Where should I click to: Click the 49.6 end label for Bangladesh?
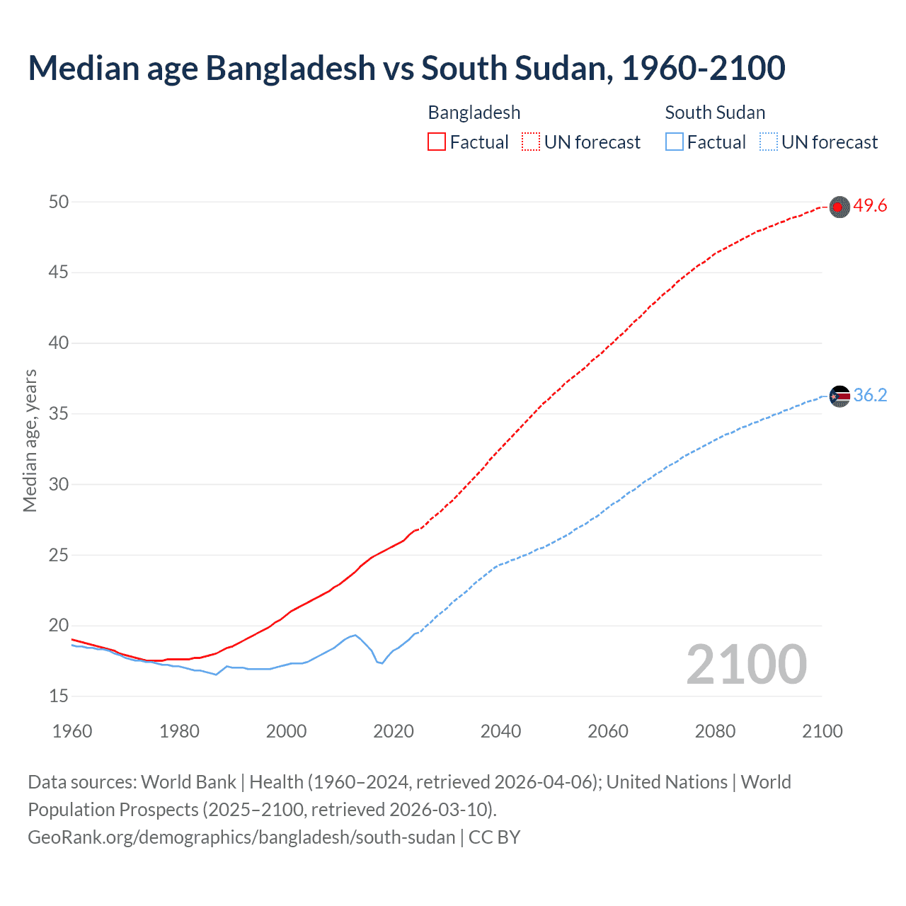[870, 206]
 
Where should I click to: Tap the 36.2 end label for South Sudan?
[870, 396]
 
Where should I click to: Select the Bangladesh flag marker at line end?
[839, 207]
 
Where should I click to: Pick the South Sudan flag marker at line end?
[839, 396]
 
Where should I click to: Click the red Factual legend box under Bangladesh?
[437, 142]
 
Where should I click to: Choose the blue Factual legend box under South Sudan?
[675, 142]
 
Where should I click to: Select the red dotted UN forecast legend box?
[531, 142]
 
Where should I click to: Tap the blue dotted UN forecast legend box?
[769, 142]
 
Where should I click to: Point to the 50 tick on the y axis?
[59, 202]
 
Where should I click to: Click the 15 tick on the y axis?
[59, 696]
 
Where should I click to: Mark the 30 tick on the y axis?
[59, 485]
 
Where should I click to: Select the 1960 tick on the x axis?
[72, 731]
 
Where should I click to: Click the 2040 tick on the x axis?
[500, 731]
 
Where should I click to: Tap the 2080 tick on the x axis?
[715, 731]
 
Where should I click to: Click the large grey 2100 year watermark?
[746, 665]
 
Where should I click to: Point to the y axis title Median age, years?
[30, 440]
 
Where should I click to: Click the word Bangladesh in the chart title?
[290, 69]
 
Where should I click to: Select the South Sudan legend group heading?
[715, 113]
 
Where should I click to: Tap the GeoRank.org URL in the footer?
[241, 837]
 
